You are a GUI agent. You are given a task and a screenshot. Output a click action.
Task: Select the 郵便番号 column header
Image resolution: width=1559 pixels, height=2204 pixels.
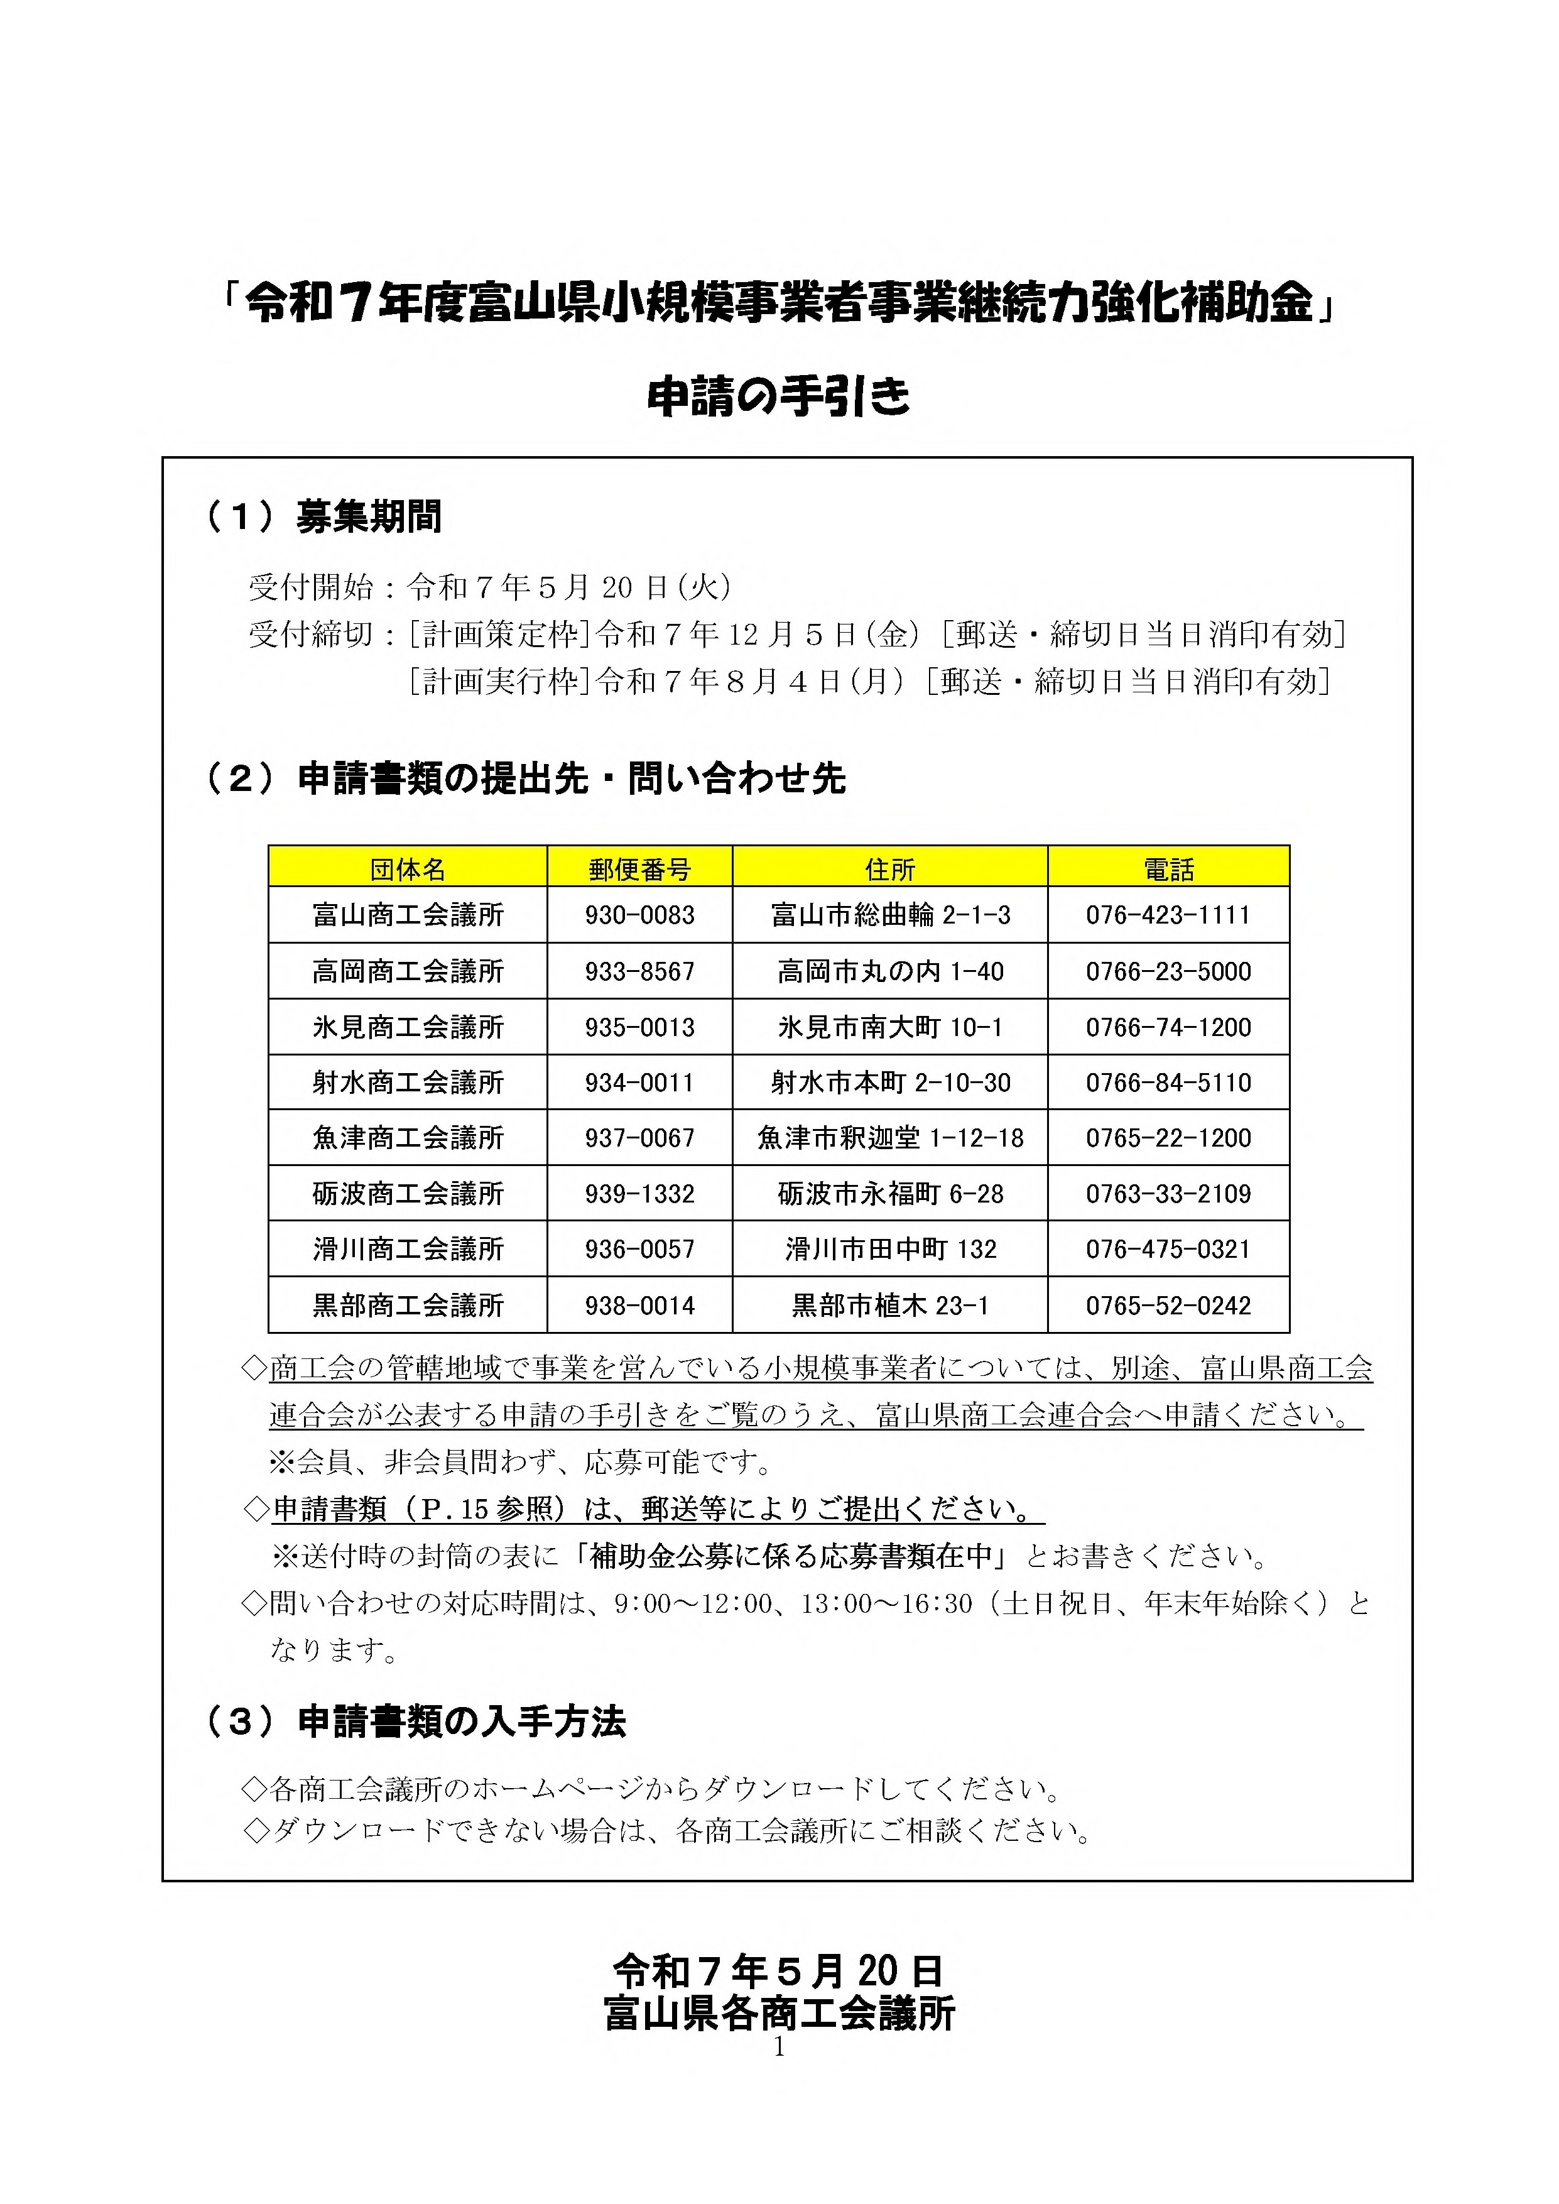point(639,869)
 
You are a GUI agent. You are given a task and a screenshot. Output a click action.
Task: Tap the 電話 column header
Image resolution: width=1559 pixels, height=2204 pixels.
point(1168,869)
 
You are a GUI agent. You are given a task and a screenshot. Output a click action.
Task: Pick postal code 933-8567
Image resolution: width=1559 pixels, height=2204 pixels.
point(639,971)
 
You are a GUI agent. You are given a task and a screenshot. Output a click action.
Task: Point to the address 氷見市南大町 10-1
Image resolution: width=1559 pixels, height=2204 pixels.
point(890,1027)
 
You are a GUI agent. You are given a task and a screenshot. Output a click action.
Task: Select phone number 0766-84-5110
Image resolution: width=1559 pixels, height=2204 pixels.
point(1168,1083)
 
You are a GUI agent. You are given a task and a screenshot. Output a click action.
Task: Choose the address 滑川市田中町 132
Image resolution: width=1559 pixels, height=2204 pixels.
point(890,1249)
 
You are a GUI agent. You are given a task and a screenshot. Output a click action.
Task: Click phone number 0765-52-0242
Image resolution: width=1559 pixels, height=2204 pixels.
point(1168,1306)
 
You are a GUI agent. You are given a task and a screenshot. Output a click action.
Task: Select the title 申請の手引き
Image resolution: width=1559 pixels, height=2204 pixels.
point(778,396)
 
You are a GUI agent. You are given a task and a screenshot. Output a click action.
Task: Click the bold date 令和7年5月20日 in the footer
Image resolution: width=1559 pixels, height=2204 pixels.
point(778,1971)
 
